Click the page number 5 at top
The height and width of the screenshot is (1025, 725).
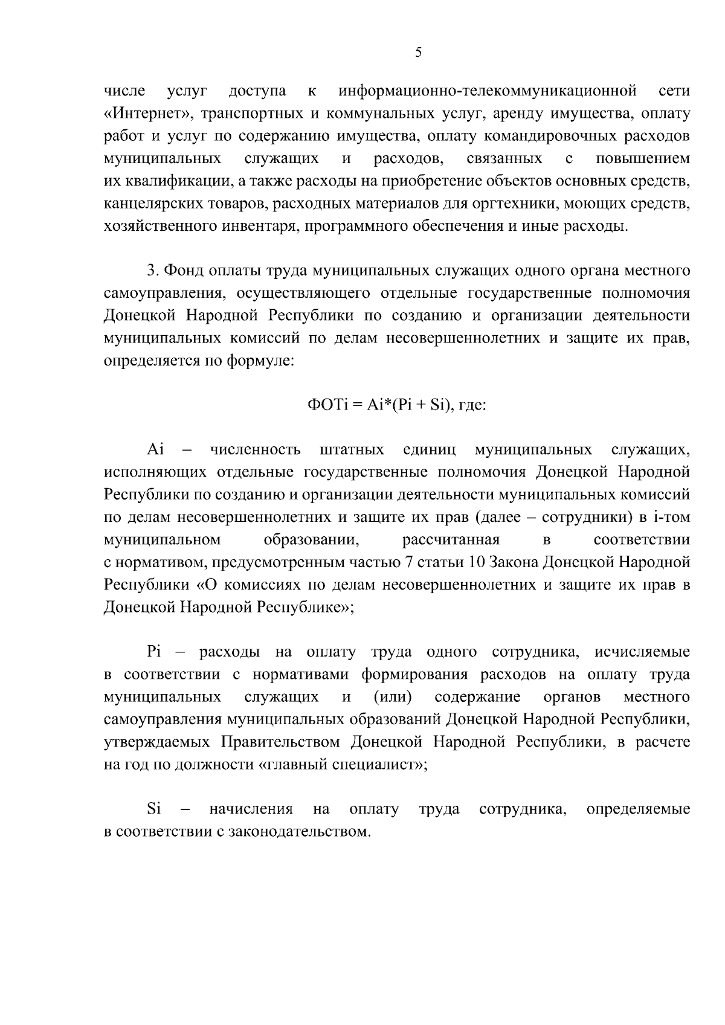[x=418, y=52]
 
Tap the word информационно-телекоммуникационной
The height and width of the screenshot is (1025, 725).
[x=488, y=91]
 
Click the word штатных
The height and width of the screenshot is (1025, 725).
[x=352, y=450]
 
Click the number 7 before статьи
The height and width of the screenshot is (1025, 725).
[x=409, y=563]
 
